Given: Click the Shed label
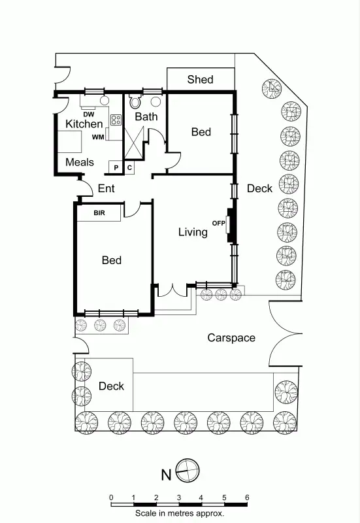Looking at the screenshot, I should point(200,80).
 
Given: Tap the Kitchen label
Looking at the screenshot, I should point(84,124).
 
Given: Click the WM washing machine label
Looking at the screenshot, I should point(98,137).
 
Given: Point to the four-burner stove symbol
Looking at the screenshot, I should point(116,120).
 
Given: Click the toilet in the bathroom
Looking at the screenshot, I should point(135,102).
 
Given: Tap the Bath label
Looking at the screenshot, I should point(146,117).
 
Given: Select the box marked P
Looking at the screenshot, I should point(116,168).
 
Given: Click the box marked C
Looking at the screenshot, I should point(129,168).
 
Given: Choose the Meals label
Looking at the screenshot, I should point(80,162).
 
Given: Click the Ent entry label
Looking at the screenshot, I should point(106,189).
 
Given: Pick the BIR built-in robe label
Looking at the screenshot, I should point(99,213).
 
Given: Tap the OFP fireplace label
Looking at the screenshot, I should point(218,224).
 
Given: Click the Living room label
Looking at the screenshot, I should point(193,232).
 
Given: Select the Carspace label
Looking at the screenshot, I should point(231,338).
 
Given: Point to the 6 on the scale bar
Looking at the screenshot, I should point(247,498).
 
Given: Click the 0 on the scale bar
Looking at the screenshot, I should point(111,498).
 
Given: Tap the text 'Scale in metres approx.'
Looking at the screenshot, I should point(180,514).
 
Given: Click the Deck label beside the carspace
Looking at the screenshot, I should point(111,386).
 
